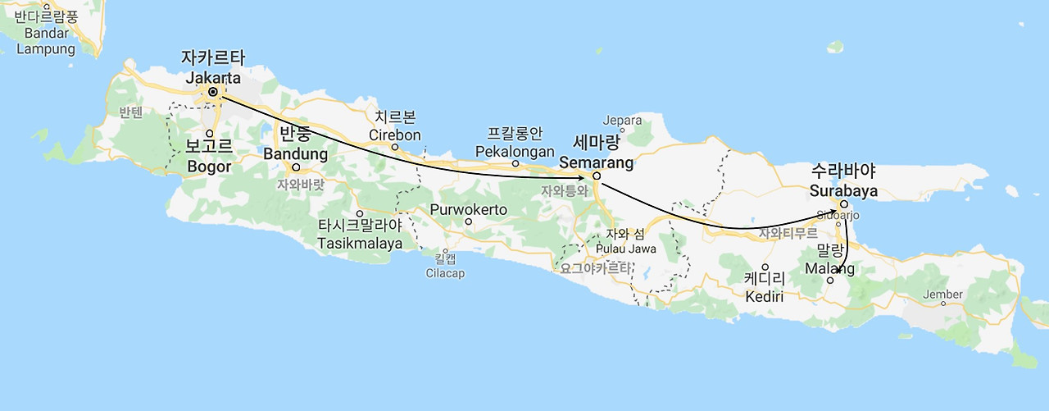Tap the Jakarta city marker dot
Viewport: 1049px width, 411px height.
pyautogui.click(x=213, y=92)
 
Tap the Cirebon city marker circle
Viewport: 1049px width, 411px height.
pyautogui.click(x=395, y=148)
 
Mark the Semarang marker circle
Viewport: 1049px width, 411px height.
pyautogui.click(x=597, y=175)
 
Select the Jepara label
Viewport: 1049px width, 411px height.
pyautogui.click(x=622, y=121)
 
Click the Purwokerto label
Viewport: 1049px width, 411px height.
pyautogui.click(x=469, y=209)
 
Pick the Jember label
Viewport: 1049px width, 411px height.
pyautogui.click(x=942, y=295)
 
